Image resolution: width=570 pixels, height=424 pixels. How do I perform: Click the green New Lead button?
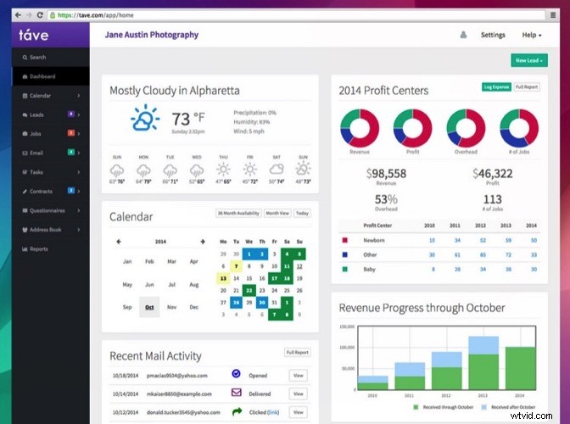[x=529, y=60]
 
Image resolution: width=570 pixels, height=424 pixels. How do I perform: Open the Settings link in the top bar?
[x=492, y=35]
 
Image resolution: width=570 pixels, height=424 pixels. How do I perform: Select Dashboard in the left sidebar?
[x=42, y=76]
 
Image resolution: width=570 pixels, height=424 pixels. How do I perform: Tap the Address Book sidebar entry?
[x=46, y=230]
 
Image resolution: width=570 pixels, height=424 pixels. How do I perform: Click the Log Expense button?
[x=496, y=86]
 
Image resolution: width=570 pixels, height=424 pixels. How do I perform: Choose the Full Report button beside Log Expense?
[x=527, y=86]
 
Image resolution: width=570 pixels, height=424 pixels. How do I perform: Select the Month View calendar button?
[x=277, y=213]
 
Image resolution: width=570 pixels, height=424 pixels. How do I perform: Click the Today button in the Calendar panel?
[x=302, y=213]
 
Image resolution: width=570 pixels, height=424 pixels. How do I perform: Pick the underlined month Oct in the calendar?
[x=149, y=306]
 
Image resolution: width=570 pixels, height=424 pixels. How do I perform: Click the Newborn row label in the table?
[x=375, y=240]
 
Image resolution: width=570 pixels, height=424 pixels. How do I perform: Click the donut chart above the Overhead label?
[x=465, y=128]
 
